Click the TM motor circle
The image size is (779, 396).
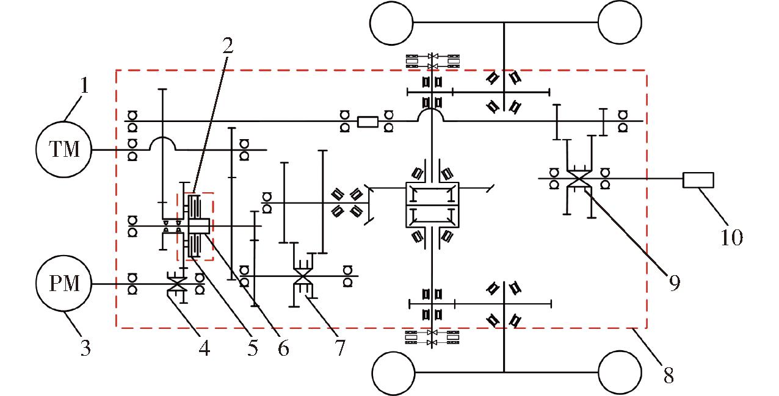[x=64, y=121]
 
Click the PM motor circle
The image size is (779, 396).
[x=64, y=256]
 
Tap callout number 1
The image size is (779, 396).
[x=84, y=85]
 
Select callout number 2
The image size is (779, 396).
[x=228, y=46]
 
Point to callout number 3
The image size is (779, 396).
[x=85, y=347]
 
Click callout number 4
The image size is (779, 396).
[x=205, y=348]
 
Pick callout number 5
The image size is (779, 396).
[x=253, y=348]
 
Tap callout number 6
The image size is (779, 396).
[x=283, y=348]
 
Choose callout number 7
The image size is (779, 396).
[x=340, y=348]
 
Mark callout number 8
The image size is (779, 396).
[x=668, y=376]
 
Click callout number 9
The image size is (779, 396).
[x=675, y=283]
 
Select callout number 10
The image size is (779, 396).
[x=731, y=237]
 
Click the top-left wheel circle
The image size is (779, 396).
[x=391, y=1]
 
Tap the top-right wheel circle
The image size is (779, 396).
[x=620, y=1]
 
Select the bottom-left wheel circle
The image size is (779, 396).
[x=394, y=352]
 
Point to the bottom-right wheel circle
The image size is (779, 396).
[x=620, y=351]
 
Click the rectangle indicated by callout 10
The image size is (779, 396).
[x=698, y=180]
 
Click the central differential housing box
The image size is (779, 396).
[x=433, y=182]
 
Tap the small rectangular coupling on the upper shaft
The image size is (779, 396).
[x=368, y=121]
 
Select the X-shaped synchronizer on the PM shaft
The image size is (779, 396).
[x=177, y=284]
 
